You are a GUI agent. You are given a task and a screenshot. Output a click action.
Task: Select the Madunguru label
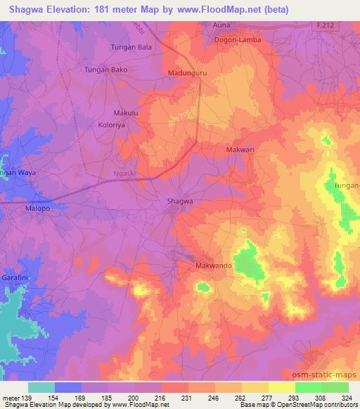click(186, 72)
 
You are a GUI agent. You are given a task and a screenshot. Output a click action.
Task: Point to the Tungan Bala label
click(131, 47)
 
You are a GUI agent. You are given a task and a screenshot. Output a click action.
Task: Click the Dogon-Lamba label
click(236, 41)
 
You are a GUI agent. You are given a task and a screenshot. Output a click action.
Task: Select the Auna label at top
click(222, 25)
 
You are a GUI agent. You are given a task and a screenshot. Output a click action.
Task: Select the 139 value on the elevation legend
click(27, 400)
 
